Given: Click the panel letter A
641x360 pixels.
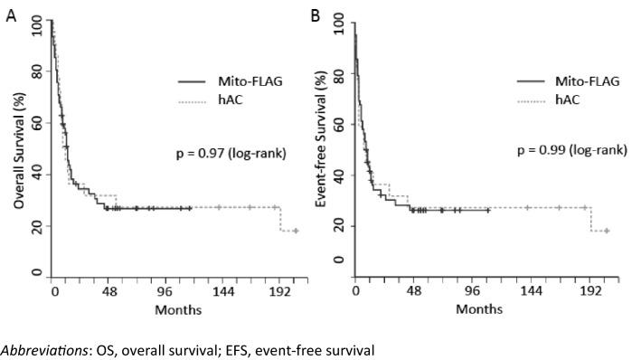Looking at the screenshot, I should point(11,17).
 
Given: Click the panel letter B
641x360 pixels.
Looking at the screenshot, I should point(316,16).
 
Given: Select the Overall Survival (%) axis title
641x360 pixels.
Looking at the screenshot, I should point(18,149).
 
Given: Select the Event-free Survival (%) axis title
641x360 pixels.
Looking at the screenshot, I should point(321,149).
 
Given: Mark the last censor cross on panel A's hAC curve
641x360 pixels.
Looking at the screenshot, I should point(296,231).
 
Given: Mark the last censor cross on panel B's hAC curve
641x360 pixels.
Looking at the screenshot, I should point(607,231).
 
